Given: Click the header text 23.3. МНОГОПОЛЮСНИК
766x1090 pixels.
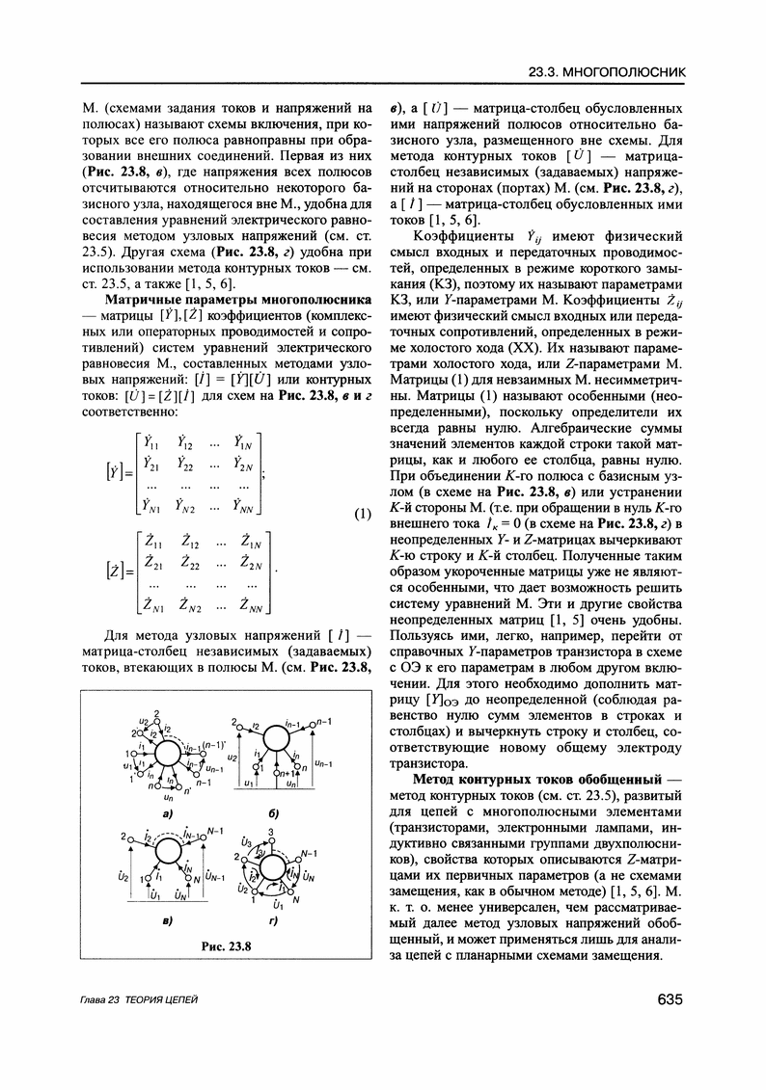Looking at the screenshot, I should coord(608,71).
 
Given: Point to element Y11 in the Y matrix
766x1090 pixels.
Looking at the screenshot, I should coord(151,441).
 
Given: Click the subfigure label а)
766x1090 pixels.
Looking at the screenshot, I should coord(167,812).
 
